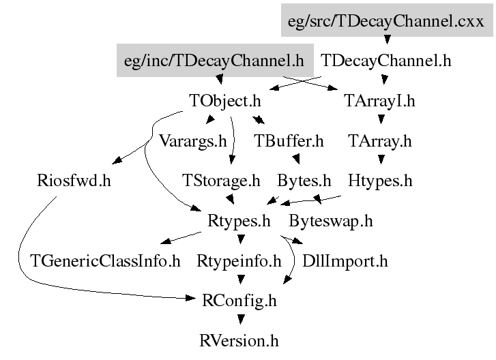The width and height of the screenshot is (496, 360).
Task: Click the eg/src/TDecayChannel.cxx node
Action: click(x=385, y=20)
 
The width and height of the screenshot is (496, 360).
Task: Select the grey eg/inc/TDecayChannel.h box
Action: click(x=214, y=60)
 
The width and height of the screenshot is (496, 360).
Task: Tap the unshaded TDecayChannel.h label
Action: click(x=385, y=60)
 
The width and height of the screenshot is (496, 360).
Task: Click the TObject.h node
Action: click(x=225, y=101)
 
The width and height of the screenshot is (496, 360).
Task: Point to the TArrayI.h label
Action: click(x=380, y=101)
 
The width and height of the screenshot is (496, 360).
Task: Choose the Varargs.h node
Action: click(x=192, y=141)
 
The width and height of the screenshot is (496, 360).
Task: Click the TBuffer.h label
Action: click(x=289, y=141)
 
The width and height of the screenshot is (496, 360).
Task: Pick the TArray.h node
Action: click(x=380, y=141)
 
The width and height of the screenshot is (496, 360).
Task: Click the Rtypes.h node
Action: click(x=239, y=221)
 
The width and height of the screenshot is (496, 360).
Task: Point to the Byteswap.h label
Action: click(x=331, y=221)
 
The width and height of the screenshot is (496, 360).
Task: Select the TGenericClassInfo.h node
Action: click(x=106, y=260)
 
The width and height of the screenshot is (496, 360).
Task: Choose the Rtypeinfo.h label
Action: click(x=239, y=260)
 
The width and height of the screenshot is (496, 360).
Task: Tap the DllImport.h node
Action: click(x=345, y=260)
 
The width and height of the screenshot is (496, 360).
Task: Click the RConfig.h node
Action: click(x=239, y=300)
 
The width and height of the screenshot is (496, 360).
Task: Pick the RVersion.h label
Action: click(x=239, y=340)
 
